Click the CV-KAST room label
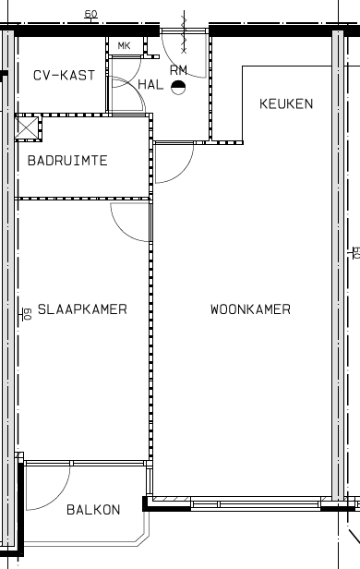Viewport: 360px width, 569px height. [64, 75]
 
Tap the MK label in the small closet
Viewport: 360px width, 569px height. [124, 45]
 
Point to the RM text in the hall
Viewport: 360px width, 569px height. [178, 69]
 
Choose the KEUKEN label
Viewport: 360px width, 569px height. [285, 103]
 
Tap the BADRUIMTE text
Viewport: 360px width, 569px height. [67, 161]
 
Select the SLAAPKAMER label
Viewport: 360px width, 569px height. [83, 309]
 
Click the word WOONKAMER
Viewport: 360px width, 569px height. [250, 309]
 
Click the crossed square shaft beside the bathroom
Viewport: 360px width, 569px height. [27, 127]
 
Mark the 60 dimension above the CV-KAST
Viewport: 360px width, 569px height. [90, 14]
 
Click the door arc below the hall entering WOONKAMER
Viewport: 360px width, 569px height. [172, 164]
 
